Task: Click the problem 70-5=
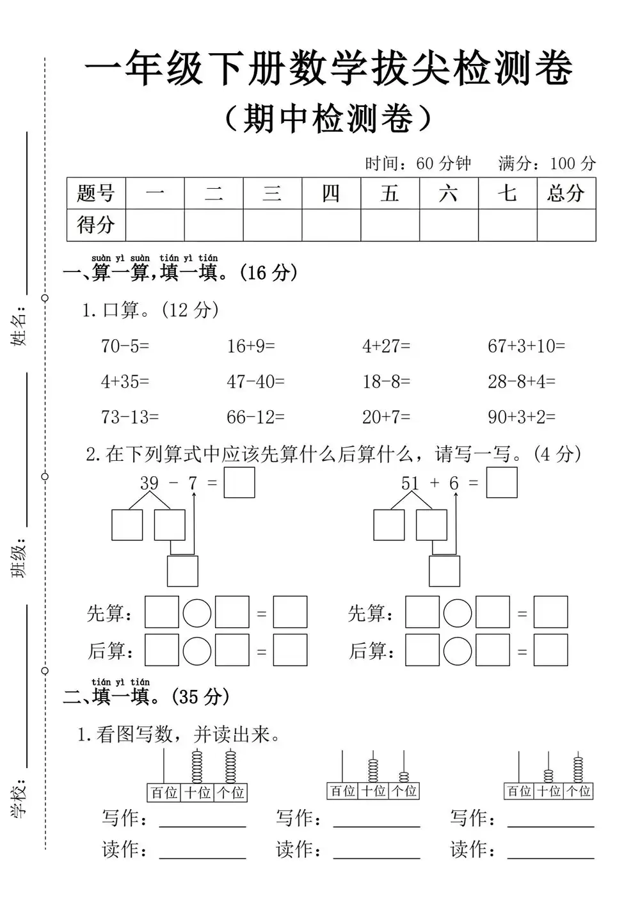(125, 346)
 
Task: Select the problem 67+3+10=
(526, 346)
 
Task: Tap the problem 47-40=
(255, 382)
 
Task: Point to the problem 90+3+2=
(522, 417)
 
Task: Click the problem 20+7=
(386, 417)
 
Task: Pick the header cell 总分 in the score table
(566, 193)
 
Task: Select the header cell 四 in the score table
(331, 193)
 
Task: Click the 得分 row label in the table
(96, 225)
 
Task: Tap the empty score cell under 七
(507, 225)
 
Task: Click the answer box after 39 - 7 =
(239, 483)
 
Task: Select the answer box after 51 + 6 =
(502, 483)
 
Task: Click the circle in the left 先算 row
(197, 613)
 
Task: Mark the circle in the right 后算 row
(458, 650)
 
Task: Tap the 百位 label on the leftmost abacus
(164, 793)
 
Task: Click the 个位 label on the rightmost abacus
(579, 791)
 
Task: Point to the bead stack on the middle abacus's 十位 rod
(373, 770)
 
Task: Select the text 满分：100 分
(547, 163)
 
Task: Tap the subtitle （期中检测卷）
(329, 118)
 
